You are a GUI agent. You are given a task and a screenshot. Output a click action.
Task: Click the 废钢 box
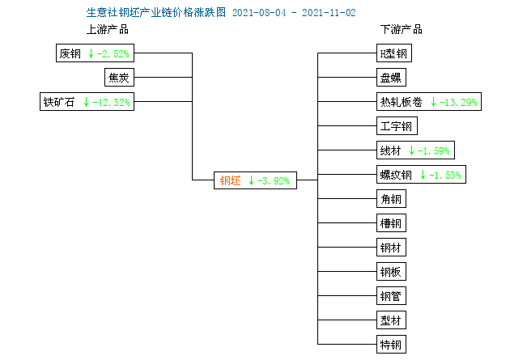(95, 53)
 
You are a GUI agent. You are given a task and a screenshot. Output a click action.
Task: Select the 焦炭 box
(119, 78)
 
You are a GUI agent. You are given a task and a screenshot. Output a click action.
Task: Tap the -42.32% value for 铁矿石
(111, 103)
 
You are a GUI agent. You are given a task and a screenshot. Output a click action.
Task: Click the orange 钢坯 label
(230, 180)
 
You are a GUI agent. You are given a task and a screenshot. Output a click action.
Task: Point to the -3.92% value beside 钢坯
(274, 180)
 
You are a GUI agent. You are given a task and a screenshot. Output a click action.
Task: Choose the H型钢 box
(394, 53)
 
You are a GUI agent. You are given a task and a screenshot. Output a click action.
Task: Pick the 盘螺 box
(391, 78)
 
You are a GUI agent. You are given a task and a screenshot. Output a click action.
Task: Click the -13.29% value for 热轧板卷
(458, 103)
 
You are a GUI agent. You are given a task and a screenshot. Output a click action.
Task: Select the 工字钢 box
(397, 125)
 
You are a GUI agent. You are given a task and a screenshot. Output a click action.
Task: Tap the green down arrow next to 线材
(411, 150)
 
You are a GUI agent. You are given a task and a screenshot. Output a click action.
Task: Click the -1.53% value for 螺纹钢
(445, 176)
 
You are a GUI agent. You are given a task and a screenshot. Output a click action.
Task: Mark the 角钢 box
(391, 198)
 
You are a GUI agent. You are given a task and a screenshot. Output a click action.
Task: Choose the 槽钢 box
(391, 223)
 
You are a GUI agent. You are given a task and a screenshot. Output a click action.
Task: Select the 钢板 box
(391, 271)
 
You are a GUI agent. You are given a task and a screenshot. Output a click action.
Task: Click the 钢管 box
(391, 295)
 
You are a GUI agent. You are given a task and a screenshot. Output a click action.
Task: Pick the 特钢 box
(391, 344)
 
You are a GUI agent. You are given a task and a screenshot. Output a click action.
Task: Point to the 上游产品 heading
(108, 30)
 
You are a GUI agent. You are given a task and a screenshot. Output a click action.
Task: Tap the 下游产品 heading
(402, 30)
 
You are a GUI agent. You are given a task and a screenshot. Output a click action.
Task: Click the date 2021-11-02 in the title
(329, 13)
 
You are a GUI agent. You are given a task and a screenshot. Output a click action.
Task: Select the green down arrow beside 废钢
(91, 53)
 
